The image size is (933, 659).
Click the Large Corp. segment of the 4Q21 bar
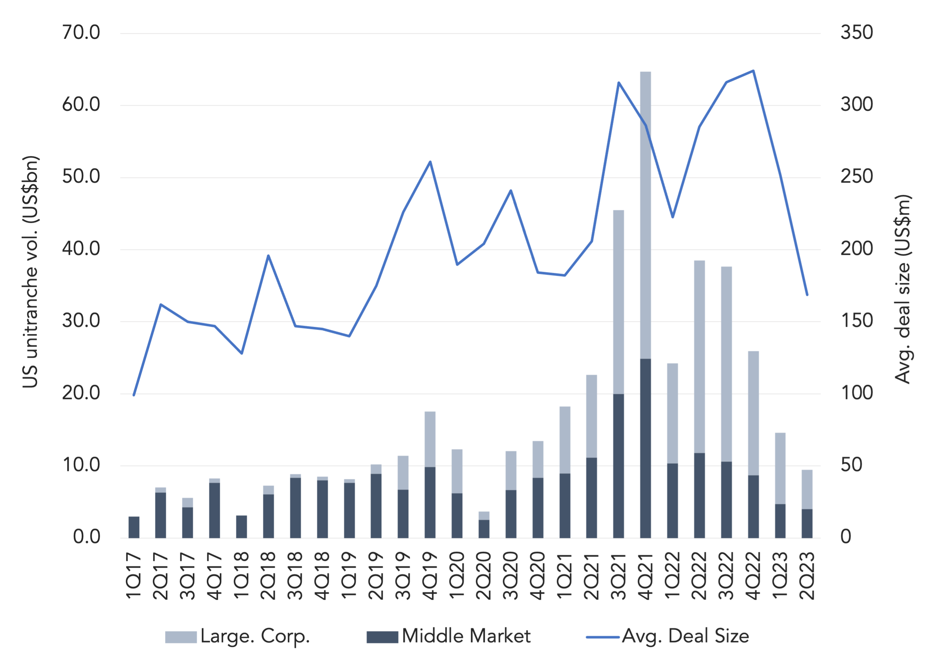(x=645, y=215)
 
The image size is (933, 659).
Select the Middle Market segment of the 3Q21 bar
(x=619, y=466)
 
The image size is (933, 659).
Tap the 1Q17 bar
(x=134, y=527)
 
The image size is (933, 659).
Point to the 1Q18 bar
(x=242, y=527)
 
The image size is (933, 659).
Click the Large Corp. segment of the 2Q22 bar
(x=699, y=357)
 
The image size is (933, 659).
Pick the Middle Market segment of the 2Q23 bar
(x=807, y=524)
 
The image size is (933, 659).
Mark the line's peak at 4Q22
(x=754, y=71)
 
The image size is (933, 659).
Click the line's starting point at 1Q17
(x=134, y=395)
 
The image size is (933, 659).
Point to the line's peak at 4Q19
(x=430, y=162)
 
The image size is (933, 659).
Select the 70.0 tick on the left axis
(x=81, y=32)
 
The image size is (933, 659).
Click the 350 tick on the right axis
(x=857, y=32)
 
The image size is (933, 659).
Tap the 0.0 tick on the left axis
(x=87, y=537)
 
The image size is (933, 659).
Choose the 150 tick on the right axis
(x=857, y=321)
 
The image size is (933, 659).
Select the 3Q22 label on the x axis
(x=726, y=576)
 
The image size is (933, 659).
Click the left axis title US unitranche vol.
(x=30, y=271)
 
